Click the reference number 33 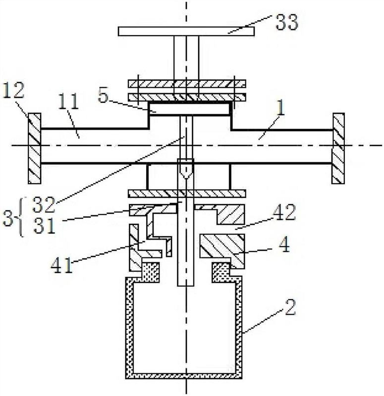287,22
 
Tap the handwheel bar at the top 186,31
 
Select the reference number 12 14,90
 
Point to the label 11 68,101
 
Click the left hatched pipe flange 34,148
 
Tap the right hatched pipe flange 338,148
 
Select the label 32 44,204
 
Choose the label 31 44,226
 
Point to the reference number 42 284,212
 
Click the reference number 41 62,266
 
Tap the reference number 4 285,245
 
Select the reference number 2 290,307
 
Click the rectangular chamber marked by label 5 190,108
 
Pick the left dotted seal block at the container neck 151,272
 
